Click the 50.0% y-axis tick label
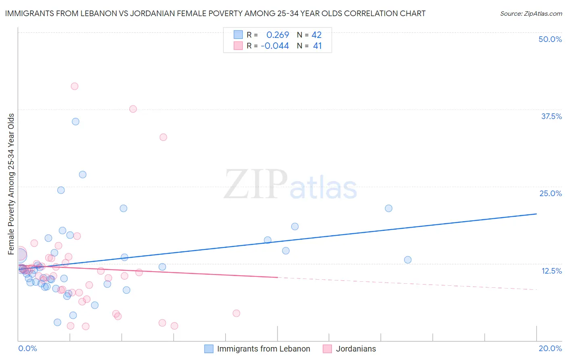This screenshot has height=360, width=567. pos(550,39)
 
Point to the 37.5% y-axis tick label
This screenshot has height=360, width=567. pos(551,116)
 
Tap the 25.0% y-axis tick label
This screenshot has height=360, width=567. pos(550,193)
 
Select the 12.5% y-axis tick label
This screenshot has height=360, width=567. pos(551,271)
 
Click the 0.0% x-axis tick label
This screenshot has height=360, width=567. pos(27,348)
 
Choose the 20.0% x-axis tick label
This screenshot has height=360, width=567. pos(550,348)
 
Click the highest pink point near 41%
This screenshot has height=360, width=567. pos(74,86)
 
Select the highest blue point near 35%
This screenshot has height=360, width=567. pos(75,121)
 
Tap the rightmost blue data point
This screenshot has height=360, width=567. pos(408,260)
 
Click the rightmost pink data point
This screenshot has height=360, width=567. pos(236,313)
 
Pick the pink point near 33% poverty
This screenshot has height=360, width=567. pos(163,137)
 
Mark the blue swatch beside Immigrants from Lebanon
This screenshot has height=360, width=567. pos(208,349)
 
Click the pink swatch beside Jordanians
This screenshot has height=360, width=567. pos(327,349)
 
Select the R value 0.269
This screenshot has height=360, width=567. pos(277,35)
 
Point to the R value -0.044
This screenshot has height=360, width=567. pos(275,46)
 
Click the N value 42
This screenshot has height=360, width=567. pos(317,35)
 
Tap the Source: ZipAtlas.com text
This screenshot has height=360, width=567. pos(531,13)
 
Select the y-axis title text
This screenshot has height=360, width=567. pos(11,184)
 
